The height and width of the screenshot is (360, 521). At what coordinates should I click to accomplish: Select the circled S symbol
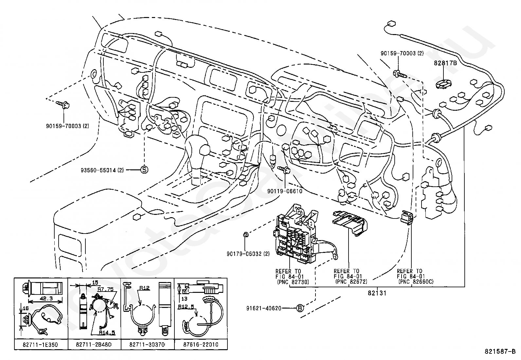[144, 170]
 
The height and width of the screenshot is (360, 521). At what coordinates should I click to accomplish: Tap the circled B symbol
[300, 308]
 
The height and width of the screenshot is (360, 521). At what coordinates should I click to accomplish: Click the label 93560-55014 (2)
[102, 170]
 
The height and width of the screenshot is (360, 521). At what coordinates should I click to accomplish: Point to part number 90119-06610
[284, 191]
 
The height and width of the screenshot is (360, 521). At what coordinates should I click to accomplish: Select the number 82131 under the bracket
[377, 293]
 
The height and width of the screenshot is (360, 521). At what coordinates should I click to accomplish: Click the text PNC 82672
[350, 282]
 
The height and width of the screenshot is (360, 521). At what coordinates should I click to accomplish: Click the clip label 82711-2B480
[94, 345]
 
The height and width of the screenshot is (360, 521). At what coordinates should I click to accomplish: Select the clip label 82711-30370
[147, 345]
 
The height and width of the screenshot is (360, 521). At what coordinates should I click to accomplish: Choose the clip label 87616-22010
[201, 345]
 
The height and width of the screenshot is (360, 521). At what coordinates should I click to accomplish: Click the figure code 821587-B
[500, 352]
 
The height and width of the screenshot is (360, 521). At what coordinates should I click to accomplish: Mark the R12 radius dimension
[145, 288]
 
